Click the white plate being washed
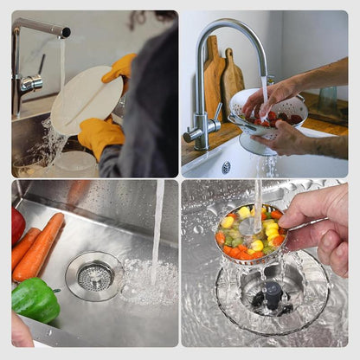pos(83,100)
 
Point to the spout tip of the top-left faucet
pos(64,32)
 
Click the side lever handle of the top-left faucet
pos(33,83)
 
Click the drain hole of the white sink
pos(226,167)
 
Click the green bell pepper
pos(35,299)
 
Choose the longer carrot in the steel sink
pos(40,247)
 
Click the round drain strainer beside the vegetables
pos(94,276)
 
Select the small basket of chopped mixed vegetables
pos(250,233)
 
